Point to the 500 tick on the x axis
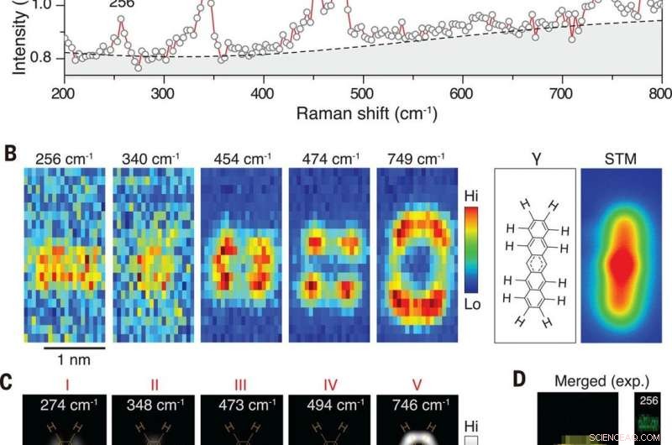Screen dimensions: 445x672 (363, 92)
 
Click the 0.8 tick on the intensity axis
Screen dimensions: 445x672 (38, 57)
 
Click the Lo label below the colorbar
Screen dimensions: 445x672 (472, 304)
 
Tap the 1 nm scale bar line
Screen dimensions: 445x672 (74, 346)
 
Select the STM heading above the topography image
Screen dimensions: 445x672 (621, 156)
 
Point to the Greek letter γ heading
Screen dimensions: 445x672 (534, 156)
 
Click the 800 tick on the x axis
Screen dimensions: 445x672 (660, 92)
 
